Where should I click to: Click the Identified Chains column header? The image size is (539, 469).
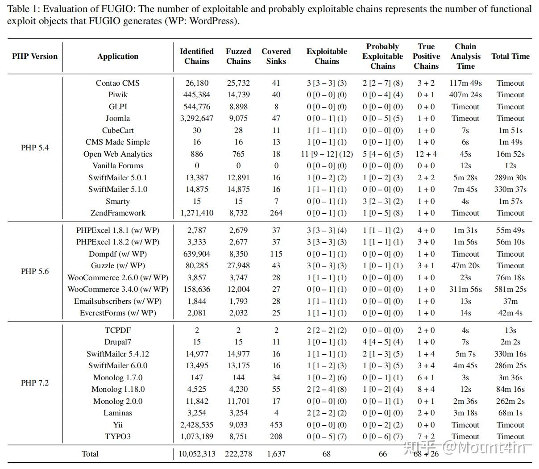(x=197, y=56)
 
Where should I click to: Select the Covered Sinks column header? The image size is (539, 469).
(x=276, y=56)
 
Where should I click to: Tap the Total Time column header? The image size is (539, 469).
(x=510, y=56)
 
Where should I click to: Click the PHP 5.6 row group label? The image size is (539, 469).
(x=35, y=271)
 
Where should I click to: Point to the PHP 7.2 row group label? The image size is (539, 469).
(x=35, y=383)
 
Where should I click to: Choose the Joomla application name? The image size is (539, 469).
(x=118, y=118)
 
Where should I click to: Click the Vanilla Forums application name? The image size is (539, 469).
(x=118, y=166)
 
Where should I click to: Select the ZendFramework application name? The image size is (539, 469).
(x=118, y=213)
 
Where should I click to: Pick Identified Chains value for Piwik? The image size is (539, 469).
(x=197, y=95)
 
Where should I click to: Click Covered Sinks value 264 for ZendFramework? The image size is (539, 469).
(x=276, y=213)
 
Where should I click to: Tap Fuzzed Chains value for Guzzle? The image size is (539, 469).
(x=238, y=266)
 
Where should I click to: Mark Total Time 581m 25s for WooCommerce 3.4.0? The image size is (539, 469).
(x=510, y=289)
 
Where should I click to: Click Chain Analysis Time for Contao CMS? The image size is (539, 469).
(x=465, y=83)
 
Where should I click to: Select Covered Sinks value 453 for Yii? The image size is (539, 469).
(x=276, y=425)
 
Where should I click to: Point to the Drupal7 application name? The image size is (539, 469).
(x=118, y=342)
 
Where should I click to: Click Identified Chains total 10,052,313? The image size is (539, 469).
(x=197, y=454)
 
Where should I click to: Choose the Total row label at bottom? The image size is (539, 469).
(x=90, y=454)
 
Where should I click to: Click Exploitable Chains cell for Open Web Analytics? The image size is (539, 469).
(x=327, y=154)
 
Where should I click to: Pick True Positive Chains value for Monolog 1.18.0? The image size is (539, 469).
(x=426, y=389)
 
